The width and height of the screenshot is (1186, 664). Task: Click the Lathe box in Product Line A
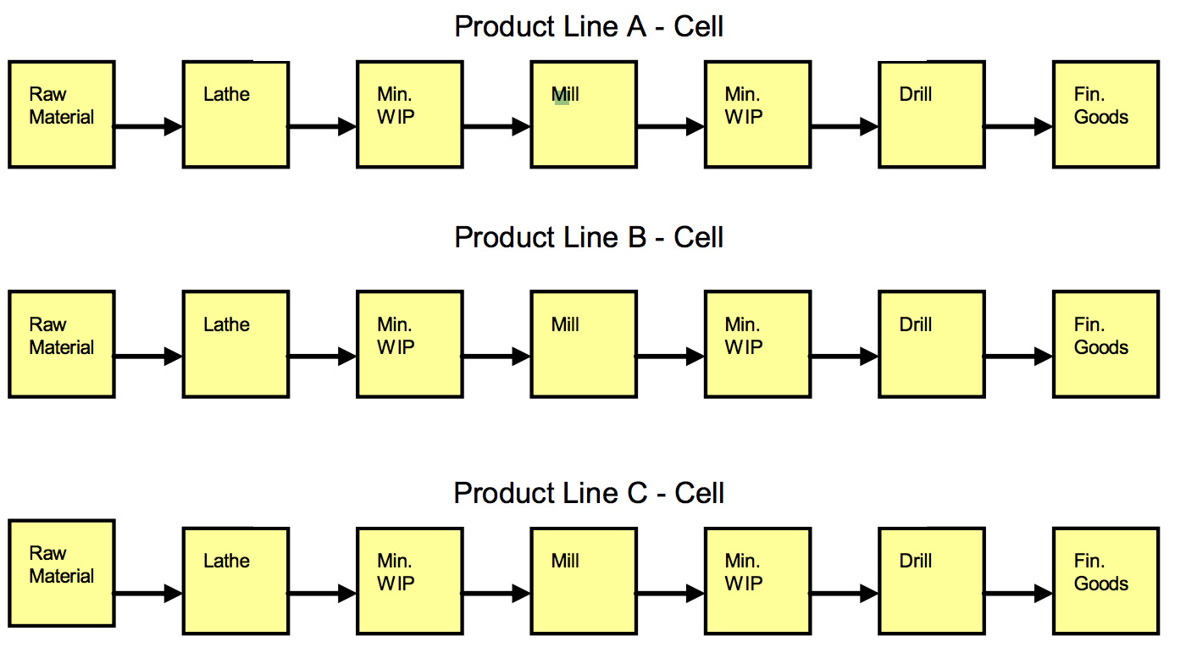pos(236,114)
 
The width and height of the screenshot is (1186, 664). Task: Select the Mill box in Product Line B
pos(584,344)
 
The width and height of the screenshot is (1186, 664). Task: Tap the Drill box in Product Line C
pos(932,581)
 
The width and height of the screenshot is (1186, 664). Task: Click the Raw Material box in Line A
pos(62,114)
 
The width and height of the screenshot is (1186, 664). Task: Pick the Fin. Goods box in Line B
pos(1106,344)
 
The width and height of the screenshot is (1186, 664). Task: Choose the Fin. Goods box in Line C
pos(1106,581)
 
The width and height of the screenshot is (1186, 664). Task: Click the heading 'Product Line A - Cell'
pos(589,26)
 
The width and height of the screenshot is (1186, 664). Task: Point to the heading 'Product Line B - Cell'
pos(589,237)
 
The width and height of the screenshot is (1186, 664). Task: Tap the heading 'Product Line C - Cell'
pos(589,493)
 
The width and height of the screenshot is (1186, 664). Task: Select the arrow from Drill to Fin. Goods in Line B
pos(1018,357)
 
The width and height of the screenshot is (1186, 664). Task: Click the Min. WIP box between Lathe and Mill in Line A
pos(410,114)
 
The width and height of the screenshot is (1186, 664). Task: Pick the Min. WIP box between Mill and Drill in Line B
pos(757,344)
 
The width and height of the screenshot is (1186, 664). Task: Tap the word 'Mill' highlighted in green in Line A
pos(565,94)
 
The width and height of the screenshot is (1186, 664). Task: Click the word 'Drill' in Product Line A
pos(916,94)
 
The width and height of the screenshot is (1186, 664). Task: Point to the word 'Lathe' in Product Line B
pos(227,324)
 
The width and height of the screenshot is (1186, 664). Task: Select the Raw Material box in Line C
pos(62,573)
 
